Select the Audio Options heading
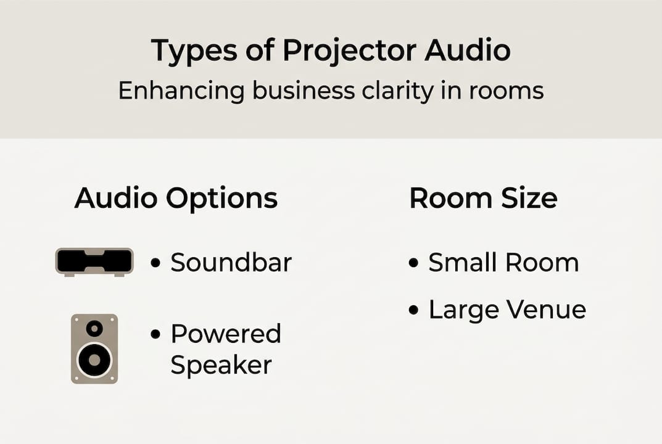point(176,199)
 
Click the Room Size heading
point(483,199)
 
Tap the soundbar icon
point(94,261)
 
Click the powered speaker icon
point(94,348)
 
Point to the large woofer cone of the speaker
point(94,359)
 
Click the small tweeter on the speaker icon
point(94,328)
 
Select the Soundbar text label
point(231,263)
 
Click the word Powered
point(226,334)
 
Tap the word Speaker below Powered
point(221,365)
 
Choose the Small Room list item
point(503,263)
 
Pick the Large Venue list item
point(507,310)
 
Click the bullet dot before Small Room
point(414,263)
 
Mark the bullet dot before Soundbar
point(156,263)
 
